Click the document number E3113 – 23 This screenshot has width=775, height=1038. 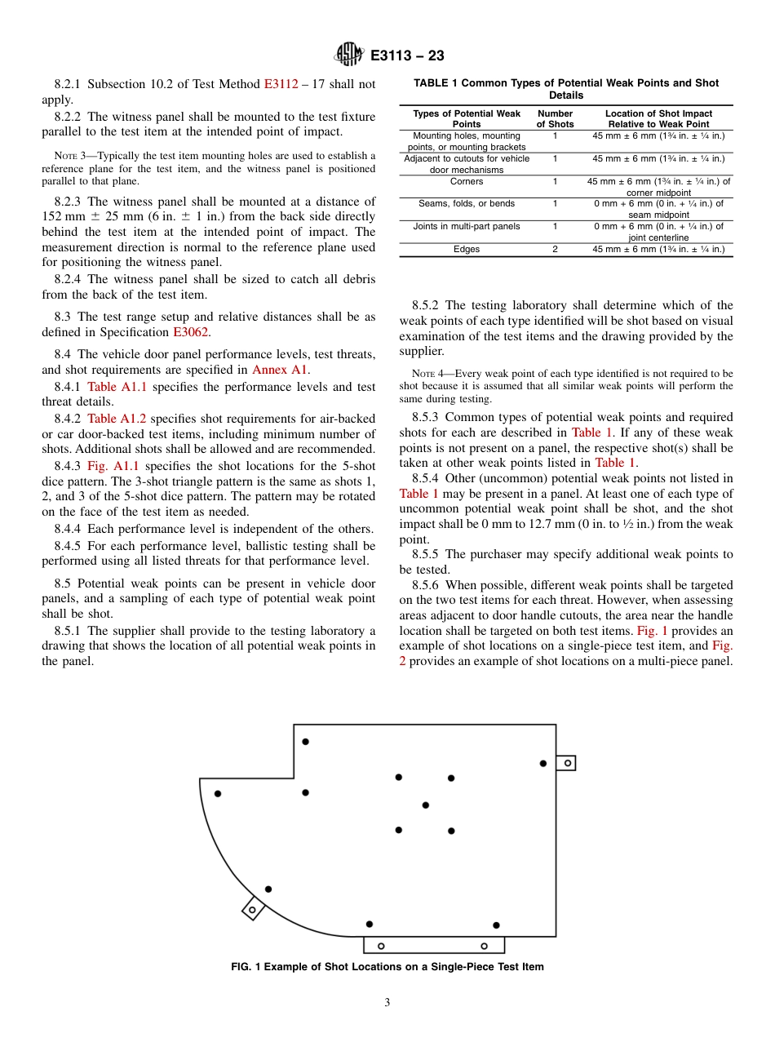click(x=407, y=55)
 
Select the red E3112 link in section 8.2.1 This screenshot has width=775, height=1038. click(x=281, y=84)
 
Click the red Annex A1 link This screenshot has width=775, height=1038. click(x=280, y=369)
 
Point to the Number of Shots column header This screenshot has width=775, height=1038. click(x=555, y=118)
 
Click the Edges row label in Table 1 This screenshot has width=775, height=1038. click(x=467, y=249)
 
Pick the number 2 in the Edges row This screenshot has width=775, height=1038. click(x=555, y=249)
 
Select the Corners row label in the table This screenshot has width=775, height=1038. click(x=467, y=181)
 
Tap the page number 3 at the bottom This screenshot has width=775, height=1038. click(x=387, y=1002)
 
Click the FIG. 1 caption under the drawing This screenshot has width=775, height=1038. click(x=387, y=967)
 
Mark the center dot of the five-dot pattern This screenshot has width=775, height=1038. click(x=425, y=805)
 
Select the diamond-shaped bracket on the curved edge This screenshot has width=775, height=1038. click(x=253, y=909)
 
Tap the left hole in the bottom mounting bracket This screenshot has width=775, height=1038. click(x=381, y=946)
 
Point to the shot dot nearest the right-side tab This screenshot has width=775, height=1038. click(x=543, y=763)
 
